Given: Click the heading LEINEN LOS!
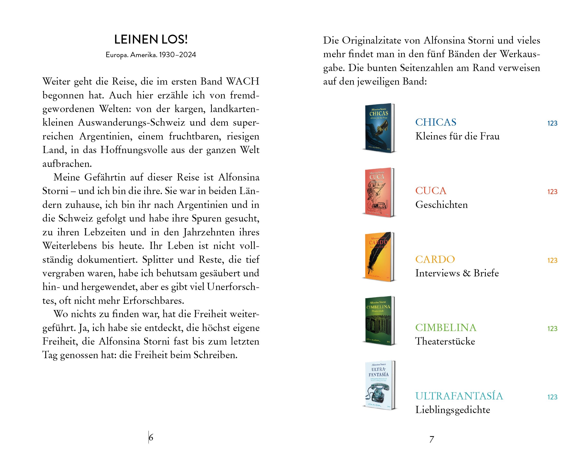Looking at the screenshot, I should tap(151, 40).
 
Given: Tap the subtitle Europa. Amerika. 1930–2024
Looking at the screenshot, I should tap(151, 55).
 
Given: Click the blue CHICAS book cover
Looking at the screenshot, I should tap(379, 128).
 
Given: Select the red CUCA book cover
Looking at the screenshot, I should tap(379, 192).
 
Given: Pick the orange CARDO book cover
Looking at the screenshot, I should tap(379, 256).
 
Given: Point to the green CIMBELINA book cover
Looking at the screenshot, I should tap(379, 320).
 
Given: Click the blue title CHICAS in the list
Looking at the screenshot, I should tap(436, 122).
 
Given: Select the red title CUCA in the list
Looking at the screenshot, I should tap(431, 191).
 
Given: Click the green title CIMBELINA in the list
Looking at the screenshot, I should tap(446, 328).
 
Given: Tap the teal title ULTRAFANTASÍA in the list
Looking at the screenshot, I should tap(459, 396).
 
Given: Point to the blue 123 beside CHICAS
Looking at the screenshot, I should tap(552, 123).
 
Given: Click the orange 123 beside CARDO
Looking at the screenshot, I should tap(552, 260).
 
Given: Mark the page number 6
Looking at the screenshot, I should tap(151, 437).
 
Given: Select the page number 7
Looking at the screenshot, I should tap(432, 439).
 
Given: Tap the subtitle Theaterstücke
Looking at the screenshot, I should tap(445, 341).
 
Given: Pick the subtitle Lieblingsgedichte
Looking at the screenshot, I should tap(453, 410).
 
